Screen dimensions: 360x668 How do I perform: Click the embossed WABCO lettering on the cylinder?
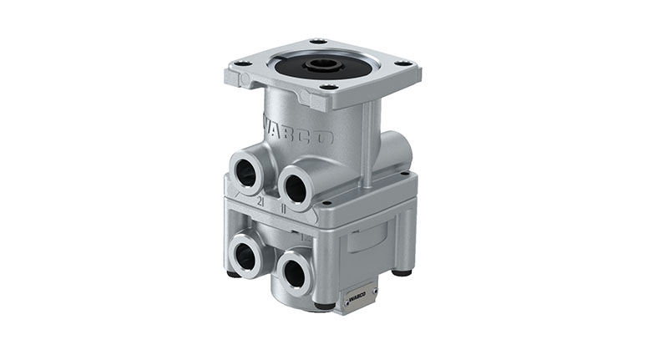point(299,132)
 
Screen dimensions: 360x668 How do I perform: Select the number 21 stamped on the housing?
point(261,201)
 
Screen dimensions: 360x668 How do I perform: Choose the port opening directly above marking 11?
point(296,186)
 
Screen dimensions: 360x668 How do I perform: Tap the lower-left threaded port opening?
point(245,257)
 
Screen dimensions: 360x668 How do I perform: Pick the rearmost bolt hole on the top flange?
point(317,41)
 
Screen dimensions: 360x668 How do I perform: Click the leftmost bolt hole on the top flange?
point(241,63)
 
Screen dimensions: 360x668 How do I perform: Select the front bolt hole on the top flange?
point(327,86)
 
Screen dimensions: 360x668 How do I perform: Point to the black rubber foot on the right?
point(405,271)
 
